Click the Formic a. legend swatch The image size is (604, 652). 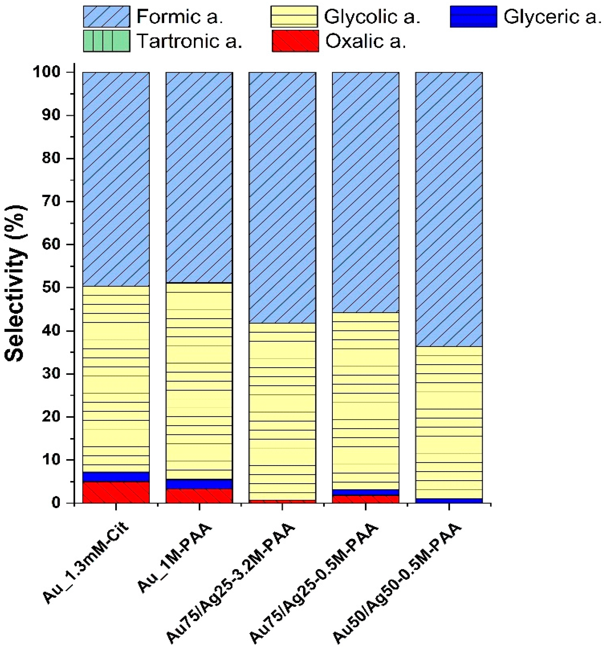[106, 16]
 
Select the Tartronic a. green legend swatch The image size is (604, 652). [106, 41]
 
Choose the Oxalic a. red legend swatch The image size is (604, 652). [295, 41]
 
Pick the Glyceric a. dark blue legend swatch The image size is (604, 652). [473, 16]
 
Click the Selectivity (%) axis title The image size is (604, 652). [16, 284]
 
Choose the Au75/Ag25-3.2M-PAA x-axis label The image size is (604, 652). [230, 583]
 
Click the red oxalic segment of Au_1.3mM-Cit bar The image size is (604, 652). [116, 492]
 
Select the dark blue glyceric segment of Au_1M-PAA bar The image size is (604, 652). [199, 484]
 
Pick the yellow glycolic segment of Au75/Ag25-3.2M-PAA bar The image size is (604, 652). [282, 412]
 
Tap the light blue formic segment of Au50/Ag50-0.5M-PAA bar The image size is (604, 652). [449, 209]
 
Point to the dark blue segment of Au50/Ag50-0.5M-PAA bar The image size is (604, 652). [449, 501]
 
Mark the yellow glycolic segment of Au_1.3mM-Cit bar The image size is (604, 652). [116, 379]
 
